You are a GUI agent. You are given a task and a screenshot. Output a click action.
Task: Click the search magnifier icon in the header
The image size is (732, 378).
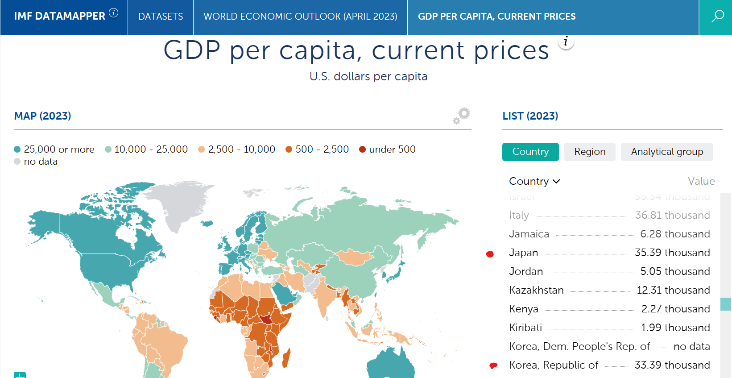point(717,17)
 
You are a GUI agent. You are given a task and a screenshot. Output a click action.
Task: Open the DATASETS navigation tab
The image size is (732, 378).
point(161,17)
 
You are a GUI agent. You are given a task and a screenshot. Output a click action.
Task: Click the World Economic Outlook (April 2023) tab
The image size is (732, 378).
point(300,17)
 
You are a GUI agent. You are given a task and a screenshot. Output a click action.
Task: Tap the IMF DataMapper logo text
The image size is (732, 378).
point(59,17)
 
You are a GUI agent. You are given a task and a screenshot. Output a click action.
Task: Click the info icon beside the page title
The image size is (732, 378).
point(566,42)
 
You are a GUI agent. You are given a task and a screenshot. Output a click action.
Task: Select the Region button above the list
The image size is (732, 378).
point(590,152)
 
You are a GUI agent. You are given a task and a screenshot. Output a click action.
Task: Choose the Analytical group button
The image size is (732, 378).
point(667,152)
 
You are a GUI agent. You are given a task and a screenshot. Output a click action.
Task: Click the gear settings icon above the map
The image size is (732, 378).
point(462,115)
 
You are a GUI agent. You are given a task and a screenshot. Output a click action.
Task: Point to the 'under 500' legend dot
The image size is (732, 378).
point(363,150)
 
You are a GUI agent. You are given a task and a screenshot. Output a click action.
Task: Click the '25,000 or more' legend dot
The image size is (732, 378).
point(17,150)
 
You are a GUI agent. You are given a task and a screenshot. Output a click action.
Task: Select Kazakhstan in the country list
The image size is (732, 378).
point(536,290)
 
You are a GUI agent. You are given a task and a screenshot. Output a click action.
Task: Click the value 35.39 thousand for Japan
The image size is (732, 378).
point(672,253)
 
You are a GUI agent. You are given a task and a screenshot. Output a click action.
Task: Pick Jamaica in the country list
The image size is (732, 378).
point(529,234)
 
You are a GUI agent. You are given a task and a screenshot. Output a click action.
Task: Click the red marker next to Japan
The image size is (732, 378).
point(490,254)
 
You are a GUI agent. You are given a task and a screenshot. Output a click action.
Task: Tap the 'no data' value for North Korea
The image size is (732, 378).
point(691,346)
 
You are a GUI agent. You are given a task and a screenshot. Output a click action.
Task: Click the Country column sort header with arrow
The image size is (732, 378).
point(534,181)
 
